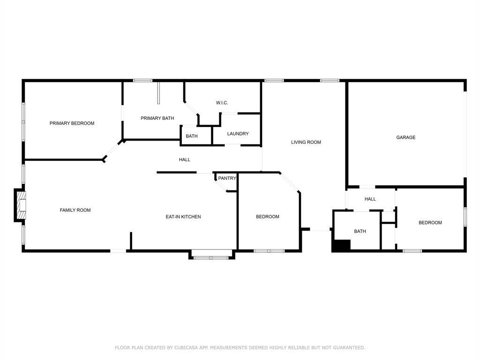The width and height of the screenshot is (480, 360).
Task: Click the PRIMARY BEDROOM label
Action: click(72, 123)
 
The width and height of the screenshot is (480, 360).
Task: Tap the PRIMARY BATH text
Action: click(157, 118)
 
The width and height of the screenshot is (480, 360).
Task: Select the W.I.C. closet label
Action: click(222, 103)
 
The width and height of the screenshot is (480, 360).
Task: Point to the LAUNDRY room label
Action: click(238, 134)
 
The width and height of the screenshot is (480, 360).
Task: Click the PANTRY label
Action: click(227, 178)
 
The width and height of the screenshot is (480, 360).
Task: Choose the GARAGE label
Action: click(406, 137)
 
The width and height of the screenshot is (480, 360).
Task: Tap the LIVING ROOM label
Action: click(306, 142)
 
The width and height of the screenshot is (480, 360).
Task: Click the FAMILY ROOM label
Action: click(75, 210)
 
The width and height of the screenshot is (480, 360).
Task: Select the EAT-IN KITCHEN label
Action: click(183, 217)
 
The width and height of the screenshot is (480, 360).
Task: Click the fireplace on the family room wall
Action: click(20, 205)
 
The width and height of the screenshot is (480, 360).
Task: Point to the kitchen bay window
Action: click(211, 255)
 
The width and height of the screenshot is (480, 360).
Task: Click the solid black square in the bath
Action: click(342, 246)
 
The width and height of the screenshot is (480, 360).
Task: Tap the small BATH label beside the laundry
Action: click(192, 136)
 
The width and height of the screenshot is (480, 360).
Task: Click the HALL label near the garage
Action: click(370, 199)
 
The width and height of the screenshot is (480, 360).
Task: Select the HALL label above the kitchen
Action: click(185, 160)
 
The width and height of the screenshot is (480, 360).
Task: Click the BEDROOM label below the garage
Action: click(430, 223)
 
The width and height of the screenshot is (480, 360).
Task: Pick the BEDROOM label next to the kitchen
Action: click(268, 217)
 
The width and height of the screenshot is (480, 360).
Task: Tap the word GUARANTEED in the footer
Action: click(349, 348)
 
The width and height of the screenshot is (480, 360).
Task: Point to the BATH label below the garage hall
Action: click(360, 232)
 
